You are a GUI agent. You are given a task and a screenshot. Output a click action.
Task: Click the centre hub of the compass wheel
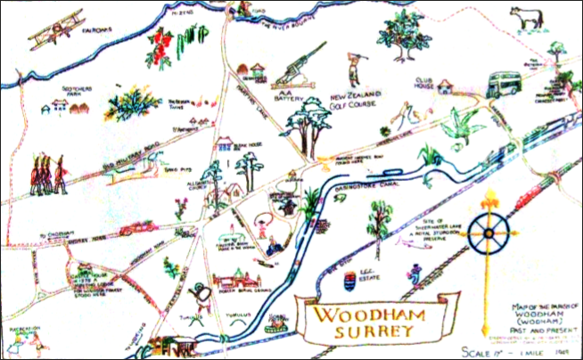click(488, 235)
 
